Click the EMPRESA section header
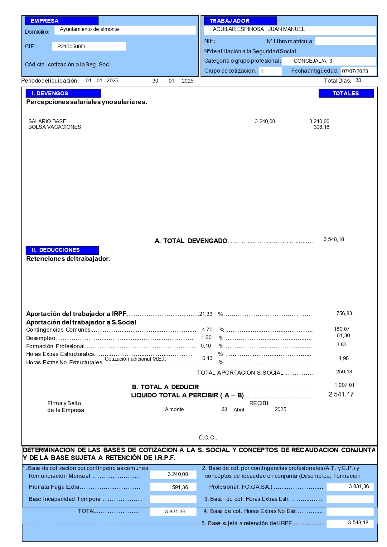pos(62,21)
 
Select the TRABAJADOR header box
pos(240,21)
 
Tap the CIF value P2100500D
pos(71,46)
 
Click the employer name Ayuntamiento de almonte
pos(89,29)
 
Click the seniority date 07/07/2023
pos(355,71)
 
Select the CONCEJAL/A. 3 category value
pos(313,61)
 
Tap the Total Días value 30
pos(358,80)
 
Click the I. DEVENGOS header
pos(63,94)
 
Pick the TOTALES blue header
pos(346,94)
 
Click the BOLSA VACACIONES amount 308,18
pos(321,127)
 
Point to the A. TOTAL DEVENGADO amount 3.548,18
pos(334,239)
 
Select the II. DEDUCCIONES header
pos(62,250)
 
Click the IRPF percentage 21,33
pos(206,314)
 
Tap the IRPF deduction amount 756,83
pos(344,314)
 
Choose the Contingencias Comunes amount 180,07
pos(341,329)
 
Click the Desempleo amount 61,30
pos(343,336)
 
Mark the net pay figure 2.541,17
pos(341,395)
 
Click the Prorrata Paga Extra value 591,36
pos(180,487)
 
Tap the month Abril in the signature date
pos(239,410)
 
